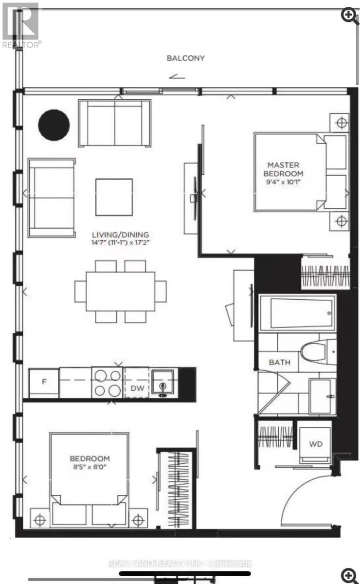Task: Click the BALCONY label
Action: click(186, 58)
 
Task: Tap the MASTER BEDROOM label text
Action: click(283, 169)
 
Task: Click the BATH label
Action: click(280, 362)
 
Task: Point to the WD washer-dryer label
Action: click(316, 444)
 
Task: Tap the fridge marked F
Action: click(44, 383)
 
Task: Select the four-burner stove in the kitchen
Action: click(108, 383)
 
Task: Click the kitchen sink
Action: click(163, 383)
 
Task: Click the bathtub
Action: click(296, 312)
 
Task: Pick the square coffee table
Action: click(114, 197)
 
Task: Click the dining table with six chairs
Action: click(120, 291)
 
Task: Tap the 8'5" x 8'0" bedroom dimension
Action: click(90, 467)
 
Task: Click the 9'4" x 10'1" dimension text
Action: click(283, 182)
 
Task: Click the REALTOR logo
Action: click(20, 25)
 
